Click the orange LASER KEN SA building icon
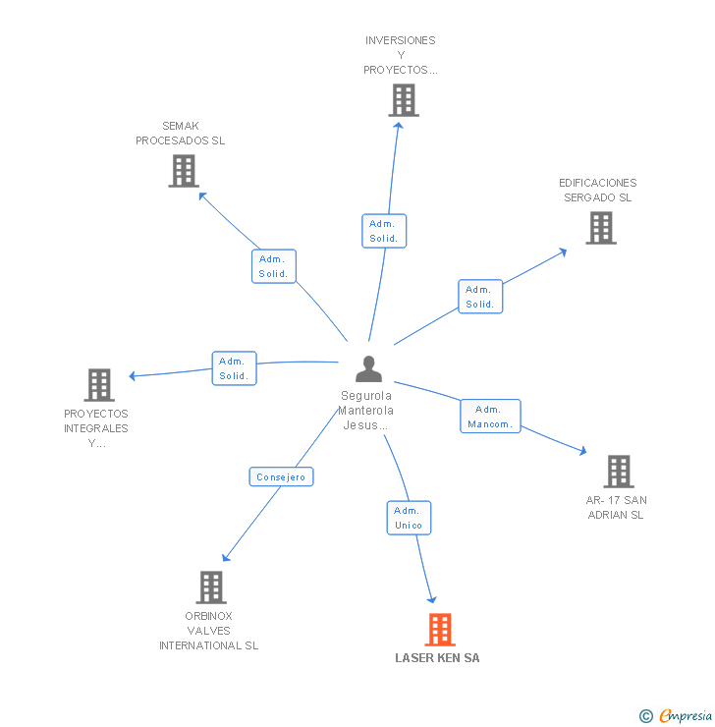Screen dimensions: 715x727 pyautogui.click(x=440, y=630)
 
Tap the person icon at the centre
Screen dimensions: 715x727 pyautogui.click(x=369, y=369)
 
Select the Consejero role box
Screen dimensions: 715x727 pyautogui.click(x=281, y=476)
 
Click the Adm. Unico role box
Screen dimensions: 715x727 pyautogui.click(x=409, y=518)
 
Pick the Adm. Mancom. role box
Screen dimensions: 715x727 pyautogui.click(x=490, y=417)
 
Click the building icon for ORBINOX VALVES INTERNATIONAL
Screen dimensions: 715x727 pyautogui.click(x=211, y=587)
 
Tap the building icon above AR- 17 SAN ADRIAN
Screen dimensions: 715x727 pyautogui.click(x=619, y=472)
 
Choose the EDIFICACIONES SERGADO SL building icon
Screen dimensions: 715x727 pyautogui.click(x=601, y=228)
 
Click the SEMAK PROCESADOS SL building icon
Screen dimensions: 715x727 pyautogui.click(x=184, y=171)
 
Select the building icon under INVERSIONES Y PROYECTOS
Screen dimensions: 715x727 pyautogui.click(x=404, y=100)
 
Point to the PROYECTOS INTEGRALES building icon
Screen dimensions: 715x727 pyautogui.click(x=99, y=385)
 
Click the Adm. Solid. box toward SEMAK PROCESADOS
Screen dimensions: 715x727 pyautogui.click(x=274, y=266)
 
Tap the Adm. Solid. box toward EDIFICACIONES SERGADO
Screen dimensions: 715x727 pyautogui.click(x=480, y=297)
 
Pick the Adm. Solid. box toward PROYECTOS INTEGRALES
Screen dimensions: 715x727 pyautogui.click(x=234, y=368)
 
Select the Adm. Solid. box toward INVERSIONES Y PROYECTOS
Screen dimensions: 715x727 pyautogui.click(x=384, y=231)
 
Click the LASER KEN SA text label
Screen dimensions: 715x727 pyautogui.click(x=437, y=658)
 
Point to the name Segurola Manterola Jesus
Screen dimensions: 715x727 pyautogui.click(x=366, y=411)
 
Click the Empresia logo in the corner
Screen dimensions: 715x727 pyautogui.click(x=676, y=715)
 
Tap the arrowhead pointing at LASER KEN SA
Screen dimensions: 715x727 pyautogui.click(x=432, y=599)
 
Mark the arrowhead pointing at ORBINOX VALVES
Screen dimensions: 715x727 pyautogui.click(x=226, y=558)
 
